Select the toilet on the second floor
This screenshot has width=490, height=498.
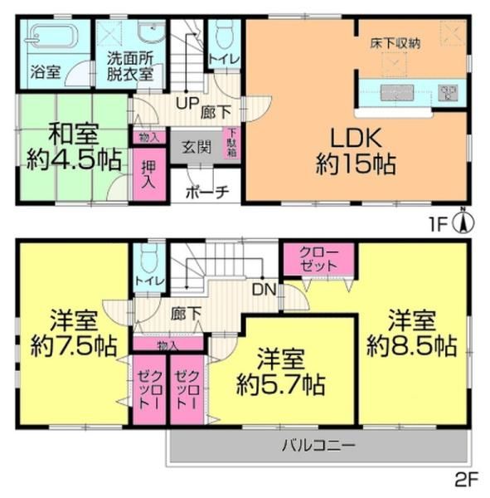149,259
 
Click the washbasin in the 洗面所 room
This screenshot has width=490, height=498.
152,32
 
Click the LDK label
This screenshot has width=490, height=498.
356,139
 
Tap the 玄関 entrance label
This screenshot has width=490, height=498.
196,147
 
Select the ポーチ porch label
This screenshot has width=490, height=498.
207,192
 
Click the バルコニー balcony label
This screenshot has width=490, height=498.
318,445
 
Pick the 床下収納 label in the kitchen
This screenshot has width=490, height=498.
395,43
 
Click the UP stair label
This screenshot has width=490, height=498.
187,103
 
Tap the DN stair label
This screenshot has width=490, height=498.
264,290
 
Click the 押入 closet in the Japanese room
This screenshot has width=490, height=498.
149,174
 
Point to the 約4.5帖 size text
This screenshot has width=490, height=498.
75,160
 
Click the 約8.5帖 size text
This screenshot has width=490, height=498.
412,345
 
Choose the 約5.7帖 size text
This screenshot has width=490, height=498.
281,384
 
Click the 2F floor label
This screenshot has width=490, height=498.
467,481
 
